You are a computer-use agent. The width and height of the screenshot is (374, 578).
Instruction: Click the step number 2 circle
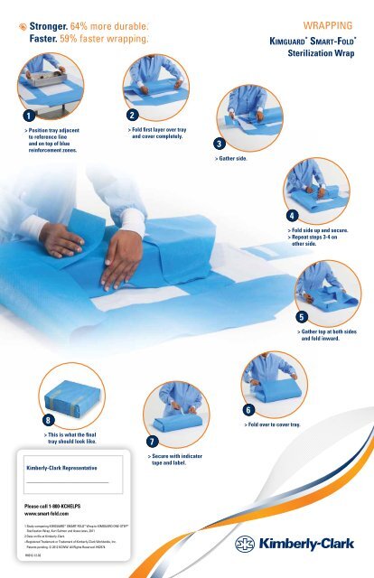tap(132, 116)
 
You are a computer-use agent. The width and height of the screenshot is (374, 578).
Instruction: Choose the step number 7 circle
tap(152, 441)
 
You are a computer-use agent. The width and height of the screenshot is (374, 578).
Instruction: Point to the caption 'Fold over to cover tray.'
tap(275, 424)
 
